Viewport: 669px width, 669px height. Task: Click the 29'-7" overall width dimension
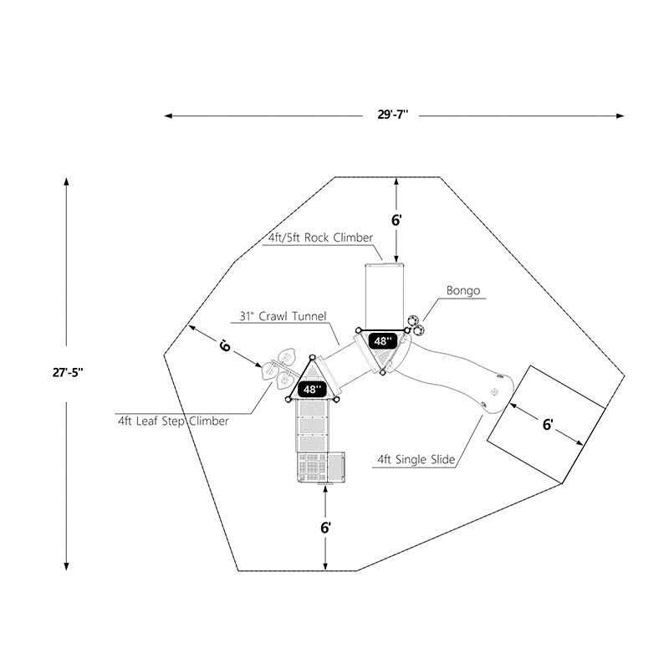pos(394,115)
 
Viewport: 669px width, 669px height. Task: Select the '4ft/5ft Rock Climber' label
pos(319,238)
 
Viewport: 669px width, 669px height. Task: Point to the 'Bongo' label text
pos(462,291)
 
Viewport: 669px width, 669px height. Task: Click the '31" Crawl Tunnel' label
pos(277,317)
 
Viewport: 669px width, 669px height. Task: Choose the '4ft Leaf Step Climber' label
pos(173,421)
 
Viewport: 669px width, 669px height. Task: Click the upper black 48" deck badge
pos(383,341)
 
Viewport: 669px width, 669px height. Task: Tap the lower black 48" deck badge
pos(312,390)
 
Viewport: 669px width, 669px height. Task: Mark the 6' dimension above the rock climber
pos(397,221)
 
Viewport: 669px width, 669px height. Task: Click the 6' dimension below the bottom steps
pos(325,528)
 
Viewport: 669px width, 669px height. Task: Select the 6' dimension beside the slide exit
pos(548,425)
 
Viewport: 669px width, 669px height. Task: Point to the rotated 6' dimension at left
pos(224,345)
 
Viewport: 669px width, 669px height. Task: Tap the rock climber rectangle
pos(385,294)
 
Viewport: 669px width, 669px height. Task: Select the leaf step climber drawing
pos(281,366)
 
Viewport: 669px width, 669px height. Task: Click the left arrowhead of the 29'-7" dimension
pos(168,115)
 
